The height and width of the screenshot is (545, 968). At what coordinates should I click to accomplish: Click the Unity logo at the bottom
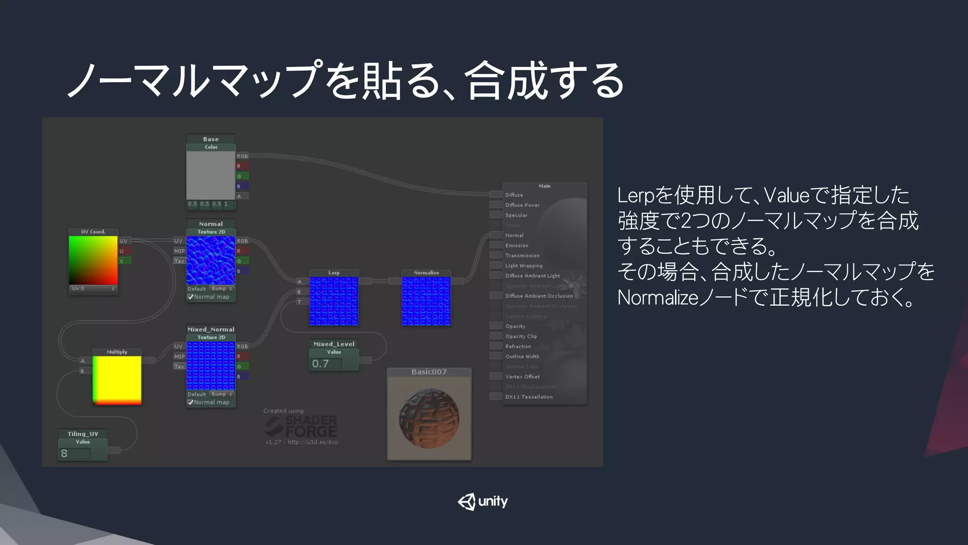point(483,501)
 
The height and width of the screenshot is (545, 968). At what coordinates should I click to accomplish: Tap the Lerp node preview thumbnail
point(334,301)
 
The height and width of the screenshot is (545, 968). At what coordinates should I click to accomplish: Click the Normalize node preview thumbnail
point(426,301)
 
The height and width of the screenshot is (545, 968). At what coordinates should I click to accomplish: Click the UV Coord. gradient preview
point(93,260)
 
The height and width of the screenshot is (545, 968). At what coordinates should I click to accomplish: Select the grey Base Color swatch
point(211,175)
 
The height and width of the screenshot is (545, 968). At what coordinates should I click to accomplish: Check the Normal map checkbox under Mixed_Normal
point(190,403)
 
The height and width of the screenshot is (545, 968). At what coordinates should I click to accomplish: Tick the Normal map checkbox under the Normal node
point(190,297)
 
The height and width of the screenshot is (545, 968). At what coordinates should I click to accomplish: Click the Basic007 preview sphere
point(429,418)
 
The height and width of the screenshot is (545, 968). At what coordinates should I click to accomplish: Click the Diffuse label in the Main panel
point(514,195)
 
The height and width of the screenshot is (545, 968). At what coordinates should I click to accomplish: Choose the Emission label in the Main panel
point(517,246)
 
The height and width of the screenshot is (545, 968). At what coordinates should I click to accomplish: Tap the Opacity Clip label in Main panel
point(521,336)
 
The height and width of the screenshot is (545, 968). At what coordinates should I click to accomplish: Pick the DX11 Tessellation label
point(528,397)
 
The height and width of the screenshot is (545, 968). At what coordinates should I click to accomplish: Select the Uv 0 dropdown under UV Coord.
point(93,289)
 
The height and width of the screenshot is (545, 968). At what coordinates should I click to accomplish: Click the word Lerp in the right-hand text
point(635,195)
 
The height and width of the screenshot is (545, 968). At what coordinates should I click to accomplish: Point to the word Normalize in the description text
point(657,298)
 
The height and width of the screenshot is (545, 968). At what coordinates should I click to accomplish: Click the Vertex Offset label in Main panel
point(522,377)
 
